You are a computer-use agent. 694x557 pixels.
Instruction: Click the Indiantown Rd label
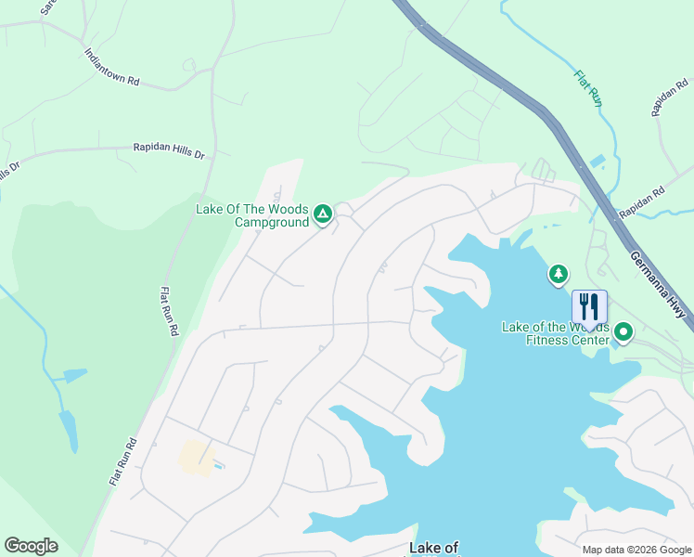point(112,69)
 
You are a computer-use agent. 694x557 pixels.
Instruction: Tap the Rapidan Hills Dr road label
point(168,150)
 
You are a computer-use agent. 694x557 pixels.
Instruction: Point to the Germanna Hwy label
point(661,286)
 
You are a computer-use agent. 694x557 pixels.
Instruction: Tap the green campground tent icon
point(323,215)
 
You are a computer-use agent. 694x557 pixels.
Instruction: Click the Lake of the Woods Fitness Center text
point(555,332)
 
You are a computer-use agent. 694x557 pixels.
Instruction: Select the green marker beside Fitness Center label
point(624,331)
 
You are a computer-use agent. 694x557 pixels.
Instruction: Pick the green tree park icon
point(558,274)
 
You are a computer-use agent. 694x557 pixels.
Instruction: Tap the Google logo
point(31,546)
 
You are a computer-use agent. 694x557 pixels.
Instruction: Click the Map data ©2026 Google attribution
point(636,550)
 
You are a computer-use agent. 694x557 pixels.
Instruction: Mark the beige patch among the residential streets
point(196,457)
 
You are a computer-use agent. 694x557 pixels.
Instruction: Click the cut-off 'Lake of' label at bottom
point(434,549)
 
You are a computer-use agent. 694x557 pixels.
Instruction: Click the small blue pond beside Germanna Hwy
point(595,162)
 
